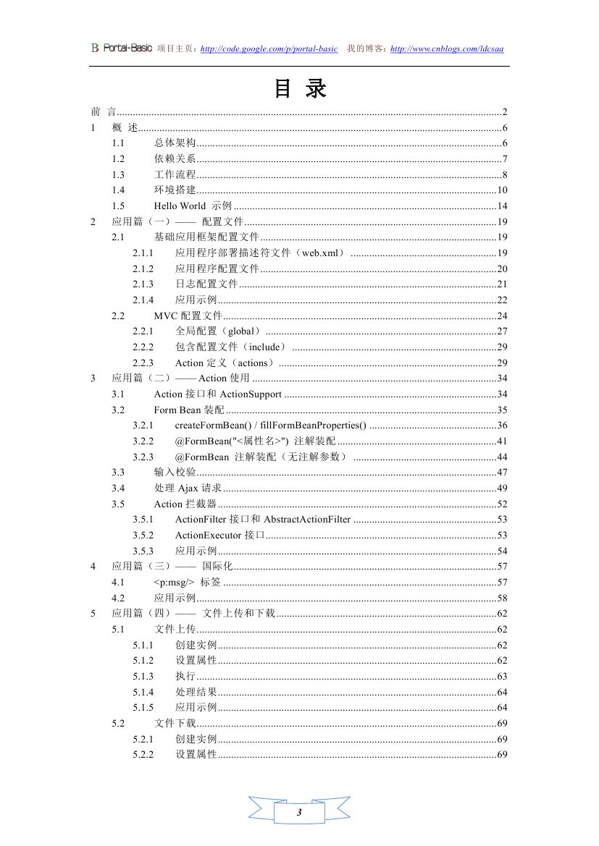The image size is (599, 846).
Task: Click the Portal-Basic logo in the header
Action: pyautogui.click(x=121, y=48)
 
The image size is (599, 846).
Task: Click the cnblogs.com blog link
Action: pyautogui.click(x=446, y=49)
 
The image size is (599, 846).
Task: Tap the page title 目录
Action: pyautogui.click(x=300, y=88)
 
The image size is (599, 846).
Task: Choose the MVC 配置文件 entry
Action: pyautogui.click(x=188, y=316)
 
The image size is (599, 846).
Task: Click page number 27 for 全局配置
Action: pyautogui.click(x=501, y=331)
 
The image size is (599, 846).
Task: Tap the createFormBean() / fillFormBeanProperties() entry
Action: pyautogui.click(x=270, y=426)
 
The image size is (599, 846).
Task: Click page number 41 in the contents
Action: pyautogui.click(x=501, y=441)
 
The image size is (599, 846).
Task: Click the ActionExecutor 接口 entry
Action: pyautogui.click(x=219, y=536)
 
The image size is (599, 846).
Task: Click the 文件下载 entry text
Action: pyautogui.click(x=175, y=724)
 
